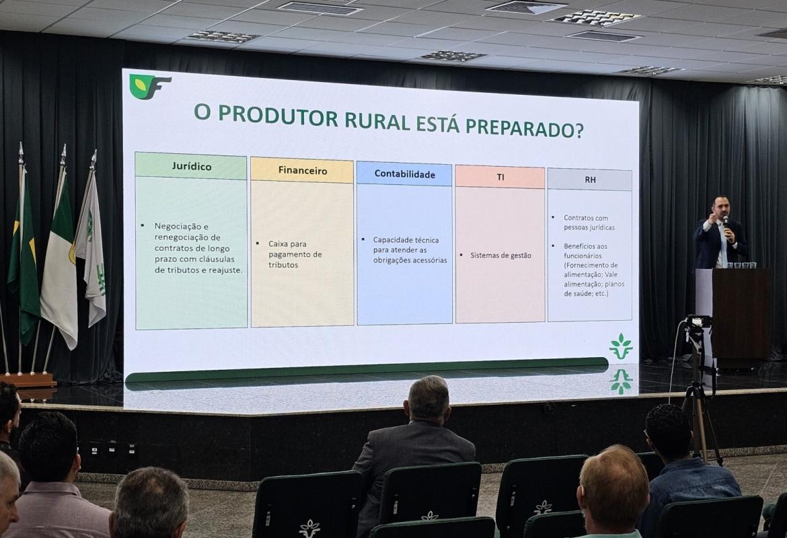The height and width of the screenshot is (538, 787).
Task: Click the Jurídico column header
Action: (191, 166)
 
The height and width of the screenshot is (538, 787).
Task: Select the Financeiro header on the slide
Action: (302, 171)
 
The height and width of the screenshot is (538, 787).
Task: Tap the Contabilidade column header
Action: (404, 175)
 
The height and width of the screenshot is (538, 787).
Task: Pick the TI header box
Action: (500, 177)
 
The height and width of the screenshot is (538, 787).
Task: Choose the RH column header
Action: (590, 179)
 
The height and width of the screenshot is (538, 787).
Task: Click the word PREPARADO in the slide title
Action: (525, 128)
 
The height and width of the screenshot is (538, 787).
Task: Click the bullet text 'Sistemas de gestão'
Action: (500, 256)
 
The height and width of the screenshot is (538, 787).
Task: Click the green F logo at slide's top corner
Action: (149, 87)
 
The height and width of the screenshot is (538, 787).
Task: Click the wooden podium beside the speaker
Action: (742, 313)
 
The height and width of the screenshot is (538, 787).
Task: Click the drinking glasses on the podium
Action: (741, 265)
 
